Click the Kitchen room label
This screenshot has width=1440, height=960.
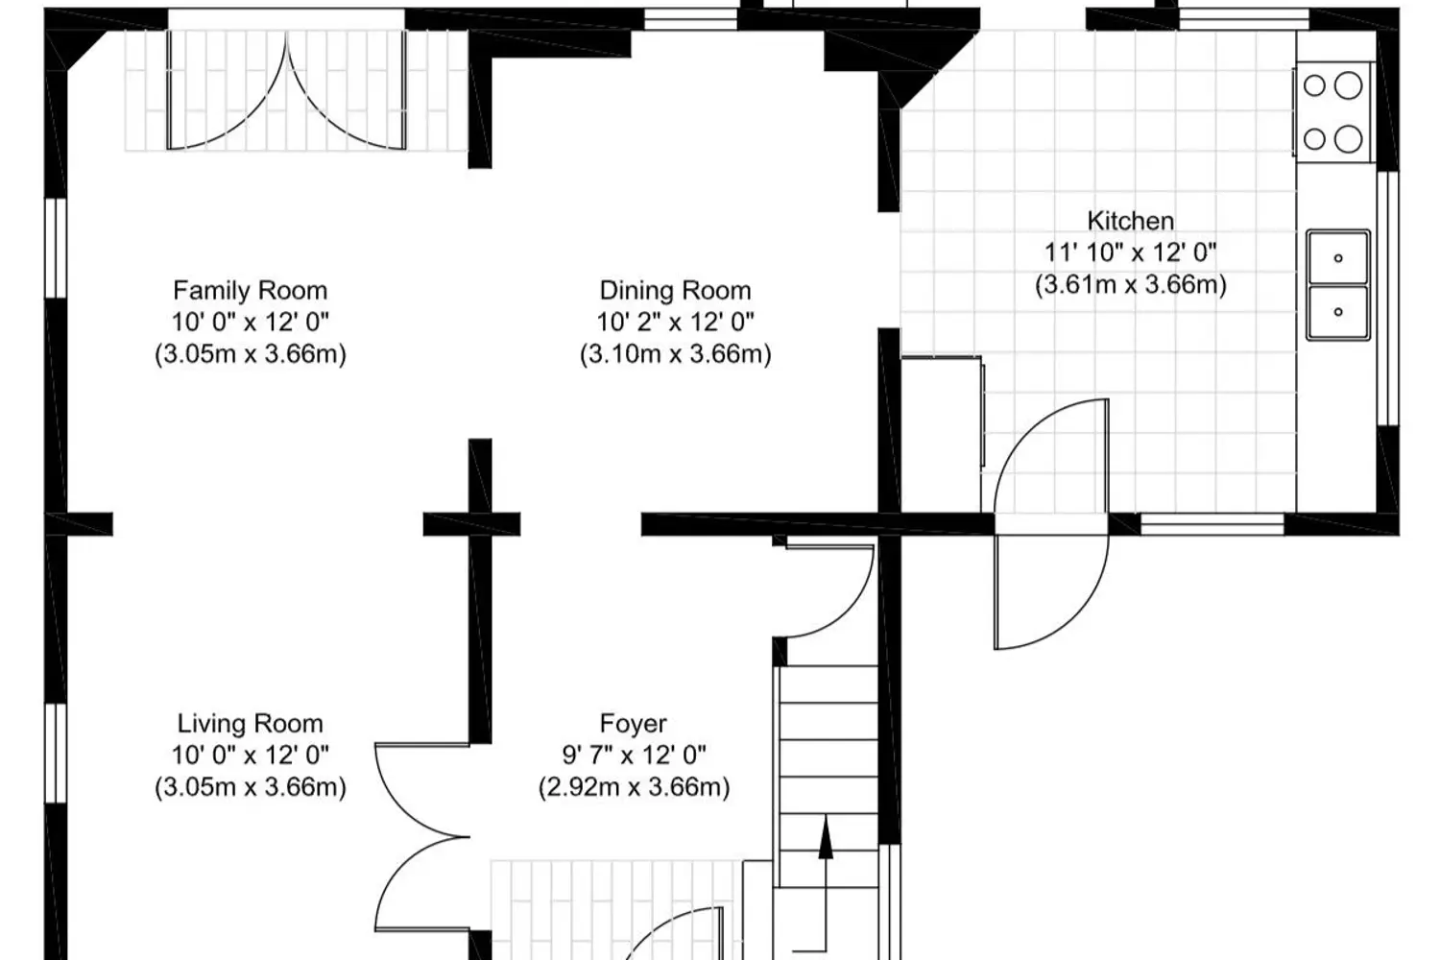1130,221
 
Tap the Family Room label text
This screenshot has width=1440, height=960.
250,291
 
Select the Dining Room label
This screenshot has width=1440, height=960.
675,291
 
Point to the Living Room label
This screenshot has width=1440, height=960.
250,724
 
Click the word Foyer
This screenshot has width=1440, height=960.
634,724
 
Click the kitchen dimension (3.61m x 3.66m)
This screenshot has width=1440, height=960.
1130,284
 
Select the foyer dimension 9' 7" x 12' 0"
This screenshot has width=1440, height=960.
634,755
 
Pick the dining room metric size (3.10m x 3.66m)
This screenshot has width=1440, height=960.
675,354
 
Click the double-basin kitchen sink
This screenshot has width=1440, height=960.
1338,285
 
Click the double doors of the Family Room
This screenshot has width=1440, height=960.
286,90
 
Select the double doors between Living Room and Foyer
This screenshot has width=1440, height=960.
422,837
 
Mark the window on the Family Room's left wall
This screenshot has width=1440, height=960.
56,249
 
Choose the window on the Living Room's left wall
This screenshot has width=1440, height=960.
56,753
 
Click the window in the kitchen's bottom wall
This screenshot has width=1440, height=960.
1212,524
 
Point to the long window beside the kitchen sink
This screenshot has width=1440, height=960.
1388,299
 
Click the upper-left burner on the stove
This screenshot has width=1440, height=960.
1314,85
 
